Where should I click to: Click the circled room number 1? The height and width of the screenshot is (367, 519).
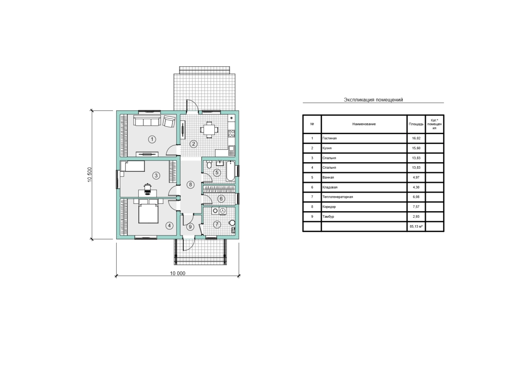click(152, 139)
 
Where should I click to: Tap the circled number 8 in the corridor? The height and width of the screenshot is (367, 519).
click(190, 184)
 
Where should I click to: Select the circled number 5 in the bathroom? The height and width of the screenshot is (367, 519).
click(217, 173)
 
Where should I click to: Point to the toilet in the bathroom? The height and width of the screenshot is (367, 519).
click(209, 164)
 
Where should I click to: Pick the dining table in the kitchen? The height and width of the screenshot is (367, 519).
click(209, 130)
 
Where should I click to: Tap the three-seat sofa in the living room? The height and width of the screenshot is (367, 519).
click(147, 121)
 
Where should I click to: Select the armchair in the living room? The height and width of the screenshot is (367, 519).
click(169, 121)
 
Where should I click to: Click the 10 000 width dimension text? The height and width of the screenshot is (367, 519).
click(178, 274)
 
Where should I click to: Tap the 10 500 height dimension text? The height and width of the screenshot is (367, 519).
click(90, 174)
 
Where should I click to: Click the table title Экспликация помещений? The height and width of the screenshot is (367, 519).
click(373, 100)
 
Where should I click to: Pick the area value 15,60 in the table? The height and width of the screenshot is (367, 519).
click(416, 148)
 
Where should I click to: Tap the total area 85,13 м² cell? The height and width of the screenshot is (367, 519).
click(416, 226)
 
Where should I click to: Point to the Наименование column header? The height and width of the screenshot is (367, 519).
click(364, 124)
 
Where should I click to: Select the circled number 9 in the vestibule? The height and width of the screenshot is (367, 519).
click(190, 227)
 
